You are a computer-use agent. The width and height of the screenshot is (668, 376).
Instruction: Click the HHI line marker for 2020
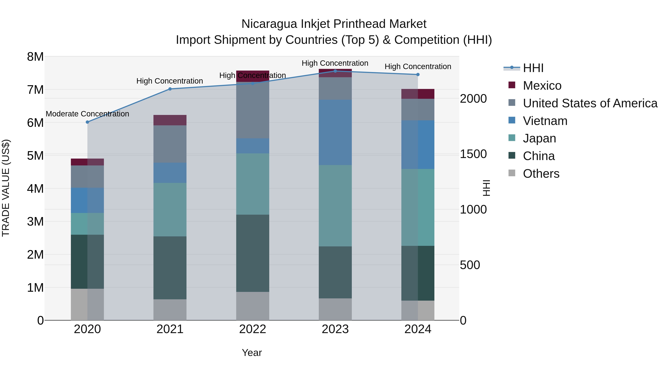click(x=87, y=122)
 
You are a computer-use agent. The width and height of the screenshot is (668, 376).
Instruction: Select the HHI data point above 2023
click(x=335, y=71)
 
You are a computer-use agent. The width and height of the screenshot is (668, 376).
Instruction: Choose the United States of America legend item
click(x=590, y=103)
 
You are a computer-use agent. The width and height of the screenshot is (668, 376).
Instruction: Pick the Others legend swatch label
click(x=541, y=173)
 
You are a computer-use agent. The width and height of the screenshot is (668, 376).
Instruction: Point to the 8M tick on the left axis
click(x=35, y=57)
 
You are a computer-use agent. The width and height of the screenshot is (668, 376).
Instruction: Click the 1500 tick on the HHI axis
click(x=473, y=154)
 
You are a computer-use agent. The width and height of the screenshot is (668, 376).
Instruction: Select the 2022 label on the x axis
click(x=253, y=329)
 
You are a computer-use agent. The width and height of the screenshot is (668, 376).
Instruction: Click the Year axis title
click(x=252, y=353)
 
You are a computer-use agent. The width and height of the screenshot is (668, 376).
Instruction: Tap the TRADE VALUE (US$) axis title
click(x=6, y=188)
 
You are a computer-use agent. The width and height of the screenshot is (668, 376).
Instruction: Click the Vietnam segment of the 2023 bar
click(x=335, y=132)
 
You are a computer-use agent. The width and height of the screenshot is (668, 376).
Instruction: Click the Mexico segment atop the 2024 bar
click(x=418, y=94)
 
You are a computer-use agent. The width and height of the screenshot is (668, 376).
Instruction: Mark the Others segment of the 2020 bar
click(x=87, y=304)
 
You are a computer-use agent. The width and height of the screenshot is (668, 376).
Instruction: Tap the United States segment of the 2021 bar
click(x=170, y=144)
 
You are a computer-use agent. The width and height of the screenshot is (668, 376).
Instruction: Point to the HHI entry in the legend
click(x=533, y=68)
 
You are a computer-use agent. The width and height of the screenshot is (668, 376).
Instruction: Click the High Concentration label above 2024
click(x=418, y=66)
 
